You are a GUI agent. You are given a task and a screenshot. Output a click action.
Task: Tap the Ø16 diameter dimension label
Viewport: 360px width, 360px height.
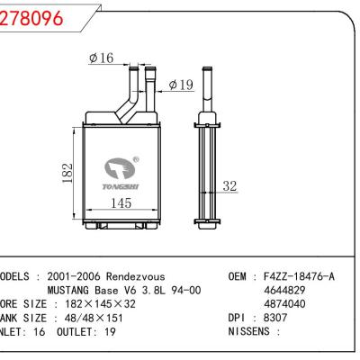pyautogui.click(x=101, y=58)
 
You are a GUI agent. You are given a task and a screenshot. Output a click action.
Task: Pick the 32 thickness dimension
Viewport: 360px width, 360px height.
pyautogui.click(x=229, y=186)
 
